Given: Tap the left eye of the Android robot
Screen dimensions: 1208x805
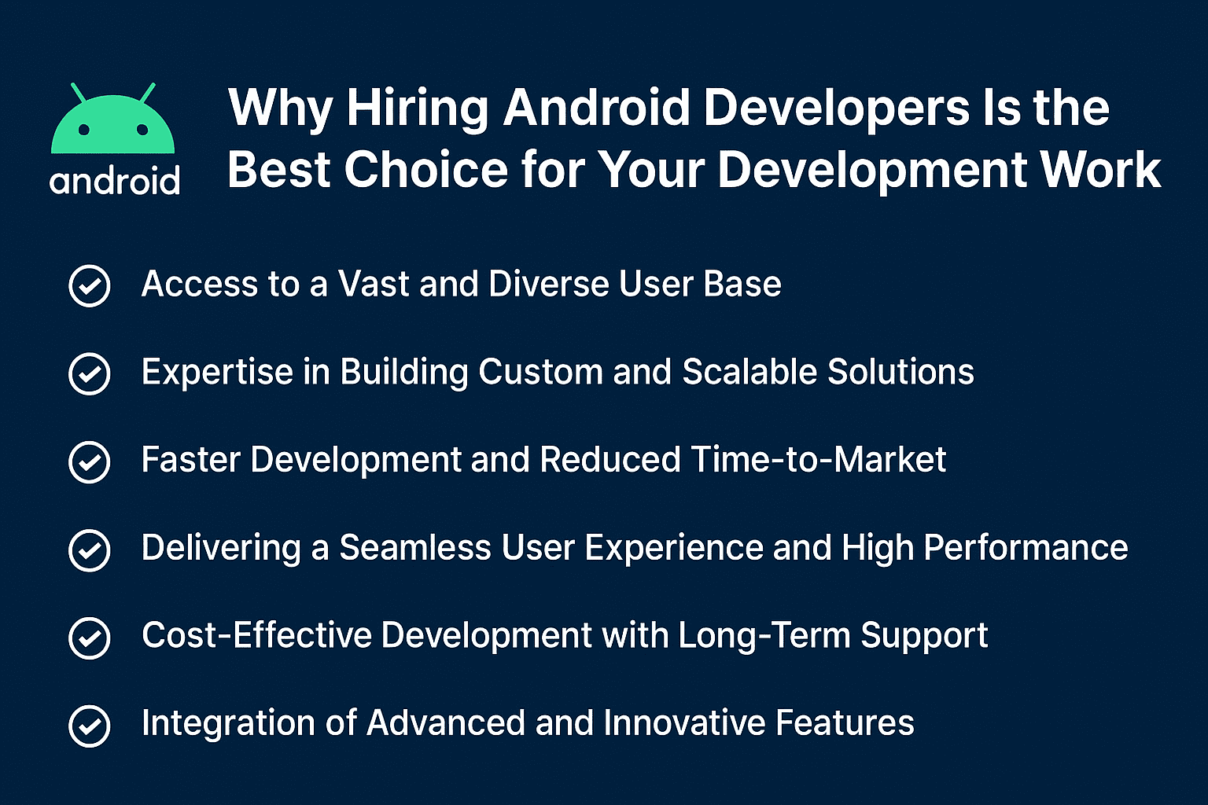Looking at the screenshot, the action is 83,130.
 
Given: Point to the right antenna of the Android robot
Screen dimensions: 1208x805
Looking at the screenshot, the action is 147,93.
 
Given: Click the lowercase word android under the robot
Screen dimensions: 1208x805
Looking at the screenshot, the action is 114,181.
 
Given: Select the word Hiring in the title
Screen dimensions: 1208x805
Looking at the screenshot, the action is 417,109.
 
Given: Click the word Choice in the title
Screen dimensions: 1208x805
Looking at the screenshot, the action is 426,169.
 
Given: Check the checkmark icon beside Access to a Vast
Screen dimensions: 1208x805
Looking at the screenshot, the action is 90,286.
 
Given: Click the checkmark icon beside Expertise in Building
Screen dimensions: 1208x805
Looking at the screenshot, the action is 90,373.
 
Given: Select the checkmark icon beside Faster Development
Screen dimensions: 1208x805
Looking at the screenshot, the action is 90,462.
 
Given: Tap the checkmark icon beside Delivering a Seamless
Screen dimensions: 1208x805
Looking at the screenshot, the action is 90,550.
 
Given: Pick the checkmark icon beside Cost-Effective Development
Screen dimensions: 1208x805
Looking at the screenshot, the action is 90,638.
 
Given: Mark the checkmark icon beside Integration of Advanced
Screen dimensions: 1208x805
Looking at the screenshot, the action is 90,726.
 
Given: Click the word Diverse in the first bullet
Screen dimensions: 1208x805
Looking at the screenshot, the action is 548,284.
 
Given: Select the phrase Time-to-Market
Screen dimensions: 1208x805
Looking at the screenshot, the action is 818,459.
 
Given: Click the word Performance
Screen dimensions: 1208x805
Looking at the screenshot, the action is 1026,547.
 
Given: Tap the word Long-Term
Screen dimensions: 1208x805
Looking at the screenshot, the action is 764,635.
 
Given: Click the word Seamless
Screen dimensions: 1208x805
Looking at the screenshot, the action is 415,547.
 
